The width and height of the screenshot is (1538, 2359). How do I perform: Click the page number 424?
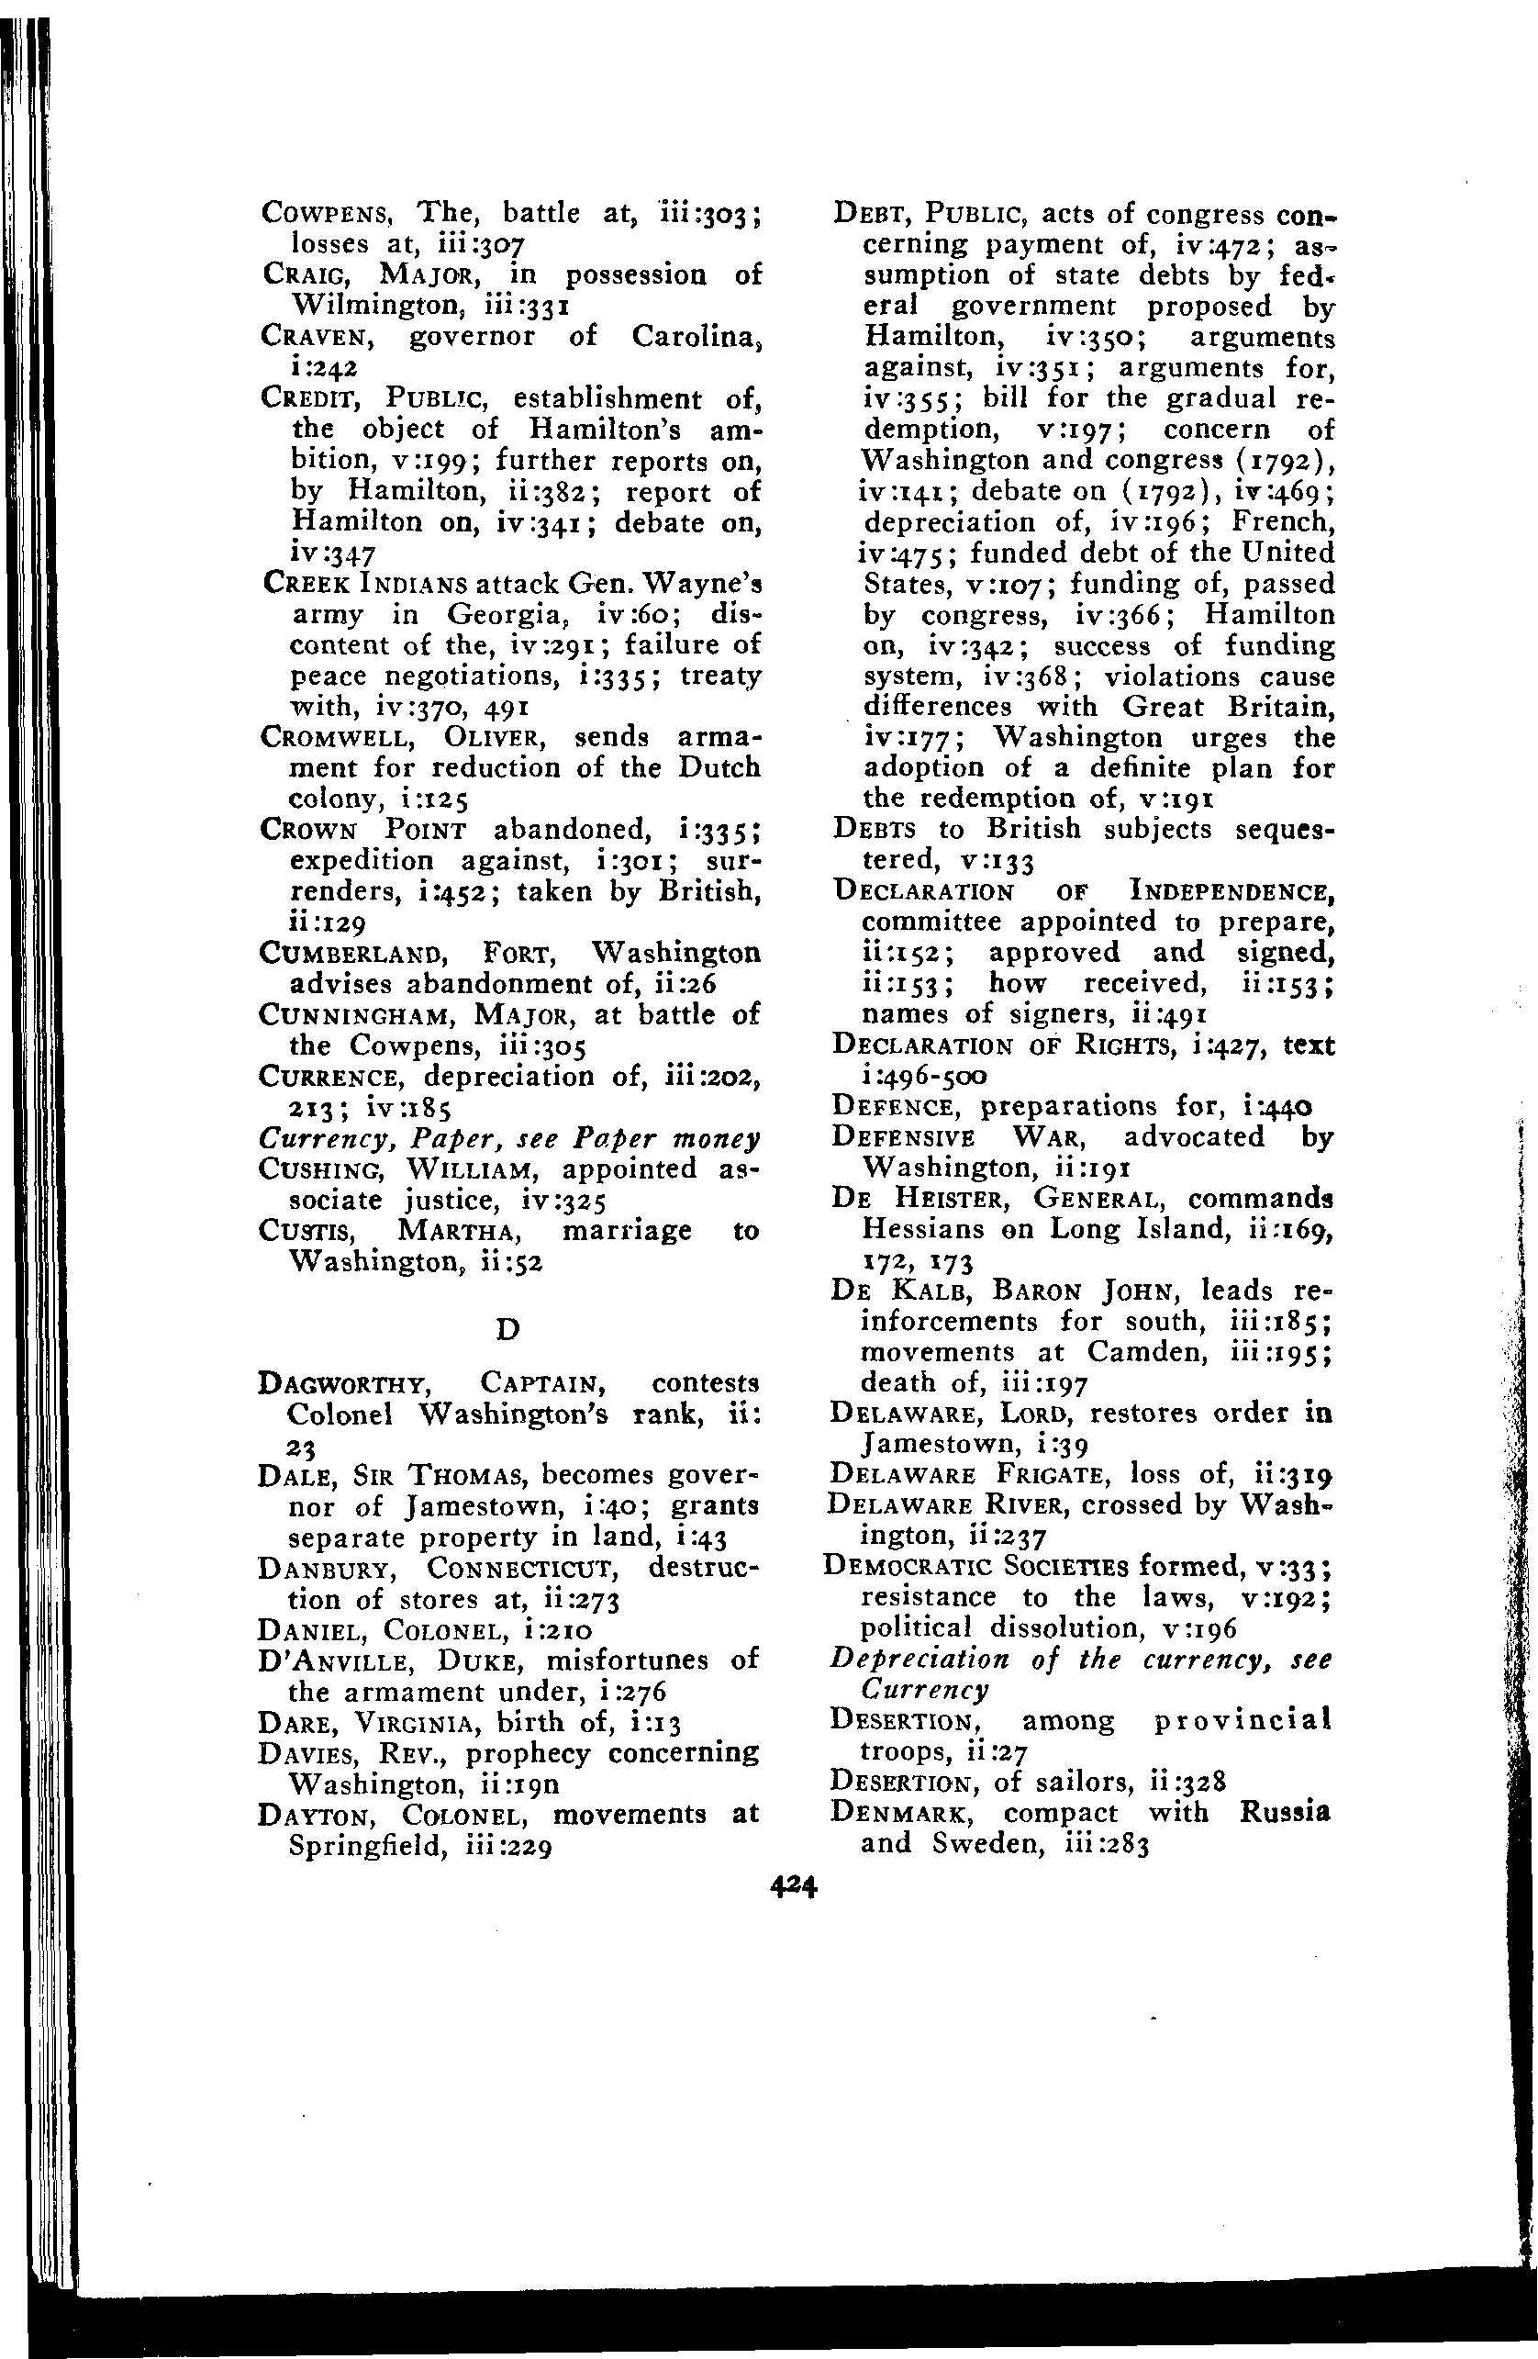[792, 1887]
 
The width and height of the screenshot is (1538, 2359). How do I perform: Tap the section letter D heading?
[507, 1329]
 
